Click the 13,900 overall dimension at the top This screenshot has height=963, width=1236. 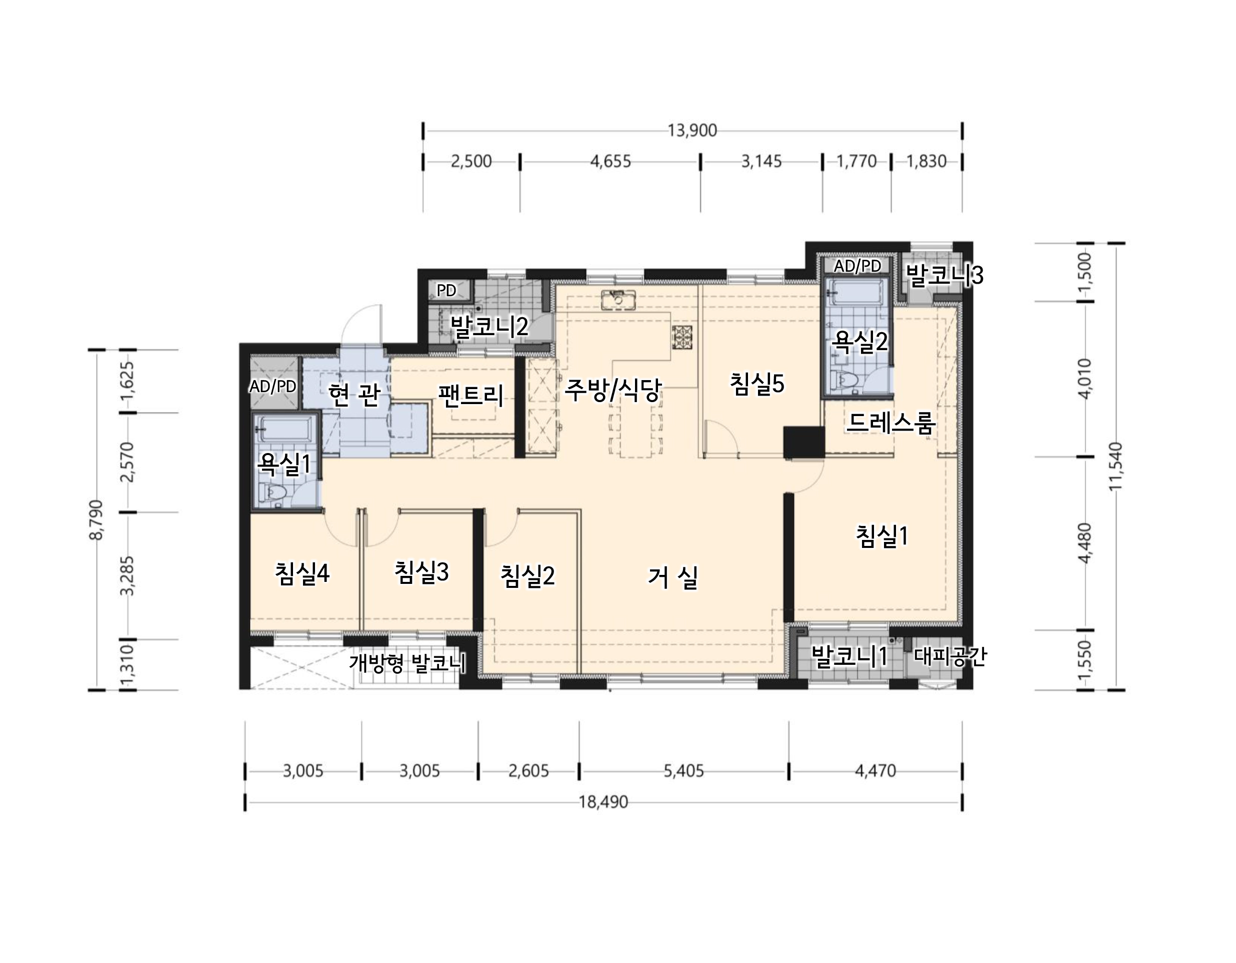(691, 131)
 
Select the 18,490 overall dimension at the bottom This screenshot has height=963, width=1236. (603, 802)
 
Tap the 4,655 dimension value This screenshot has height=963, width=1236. (610, 162)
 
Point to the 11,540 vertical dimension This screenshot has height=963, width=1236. (1116, 466)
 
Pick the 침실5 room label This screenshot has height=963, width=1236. (756, 384)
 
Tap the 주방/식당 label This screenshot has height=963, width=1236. (613, 390)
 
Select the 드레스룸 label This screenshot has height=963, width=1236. (890, 423)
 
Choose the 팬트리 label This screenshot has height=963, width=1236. (471, 395)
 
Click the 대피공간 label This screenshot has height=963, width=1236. (950, 656)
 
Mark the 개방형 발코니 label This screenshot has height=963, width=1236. (407, 662)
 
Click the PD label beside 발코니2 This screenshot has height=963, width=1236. (446, 291)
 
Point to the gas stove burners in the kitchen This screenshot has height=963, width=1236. (682, 338)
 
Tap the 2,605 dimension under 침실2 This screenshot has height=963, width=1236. (528, 771)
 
